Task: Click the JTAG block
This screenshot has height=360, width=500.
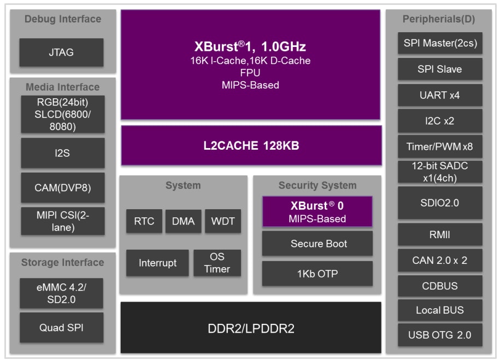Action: click(x=61, y=53)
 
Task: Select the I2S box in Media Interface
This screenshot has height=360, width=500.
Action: click(x=62, y=153)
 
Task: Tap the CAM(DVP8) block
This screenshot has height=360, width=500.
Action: click(x=62, y=188)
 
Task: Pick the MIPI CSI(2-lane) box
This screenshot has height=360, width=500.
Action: click(x=62, y=221)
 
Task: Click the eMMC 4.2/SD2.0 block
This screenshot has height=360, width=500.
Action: click(x=61, y=293)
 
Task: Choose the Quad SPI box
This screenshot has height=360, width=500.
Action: click(x=61, y=328)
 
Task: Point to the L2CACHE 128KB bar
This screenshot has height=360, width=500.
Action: click(x=251, y=146)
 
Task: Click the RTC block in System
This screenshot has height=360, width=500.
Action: click(x=144, y=221)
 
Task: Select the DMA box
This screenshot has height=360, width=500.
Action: click(x=183, y=221)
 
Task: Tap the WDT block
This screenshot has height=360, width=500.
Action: click(x=222, y=221)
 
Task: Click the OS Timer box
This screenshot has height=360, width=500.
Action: click(x=217, y=263)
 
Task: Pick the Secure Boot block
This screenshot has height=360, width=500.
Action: click(x=317, y=244)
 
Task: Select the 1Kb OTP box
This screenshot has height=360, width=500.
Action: click(x=317, y=274)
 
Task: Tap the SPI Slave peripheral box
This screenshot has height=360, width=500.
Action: click(x=440, y=69)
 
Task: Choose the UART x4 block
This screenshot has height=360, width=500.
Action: click(x=440, y=95)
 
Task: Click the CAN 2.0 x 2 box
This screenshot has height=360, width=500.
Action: click(x=440, y=260)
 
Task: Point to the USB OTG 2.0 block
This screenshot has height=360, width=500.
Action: click(x=440, y=334)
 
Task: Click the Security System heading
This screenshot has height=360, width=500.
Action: click(x=317, y=186)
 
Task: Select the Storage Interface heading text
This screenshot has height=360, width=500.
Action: click(x=62, y=263)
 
